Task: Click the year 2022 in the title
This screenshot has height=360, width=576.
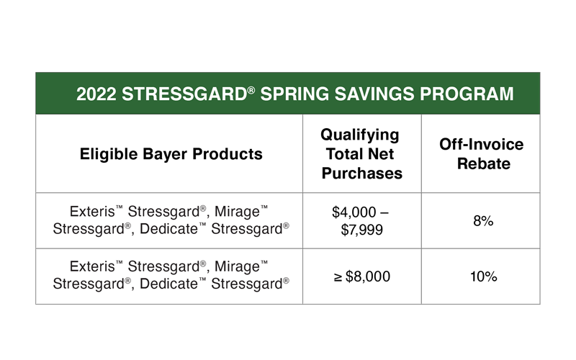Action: pyautogui.click(x=96, y=94)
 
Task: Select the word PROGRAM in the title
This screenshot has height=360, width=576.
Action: pyautogui.click(x=467, y=94)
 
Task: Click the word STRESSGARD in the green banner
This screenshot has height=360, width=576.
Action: pyautogui.click(x=184, y=94)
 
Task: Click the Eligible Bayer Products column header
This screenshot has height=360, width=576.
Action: pyautogui.click(x=171, y=154)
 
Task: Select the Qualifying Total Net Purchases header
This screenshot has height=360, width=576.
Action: pyautogui.click(x=361, y=154)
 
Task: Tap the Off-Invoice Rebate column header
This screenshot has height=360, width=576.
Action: pyautogui.click(x=482, y=154)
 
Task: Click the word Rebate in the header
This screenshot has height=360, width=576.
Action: pyautogui.click(x=484, y=163)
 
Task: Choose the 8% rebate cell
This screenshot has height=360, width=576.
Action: pyautogui.click(x=483, y=221)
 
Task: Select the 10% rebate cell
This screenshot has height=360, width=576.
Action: pyautogui.click(x=484, y=276)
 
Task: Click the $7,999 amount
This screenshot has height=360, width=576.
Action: pyautogui.click(x=362, y=230)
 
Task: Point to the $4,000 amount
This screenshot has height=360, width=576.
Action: pyautogui.click(x=354, y=212)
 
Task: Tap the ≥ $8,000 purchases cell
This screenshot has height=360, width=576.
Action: pyautogui.click(x=362, y=276)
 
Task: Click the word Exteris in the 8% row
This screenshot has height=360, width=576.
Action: pyautogui.click(x=92, y=212)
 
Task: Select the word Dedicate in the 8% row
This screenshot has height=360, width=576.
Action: pyautogui.click(x=168, y=229)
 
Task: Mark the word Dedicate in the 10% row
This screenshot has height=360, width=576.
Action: pyautogui.click(x=168, y=284)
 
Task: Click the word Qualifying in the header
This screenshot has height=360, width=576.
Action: pyautogui.click(x=360, y=135)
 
